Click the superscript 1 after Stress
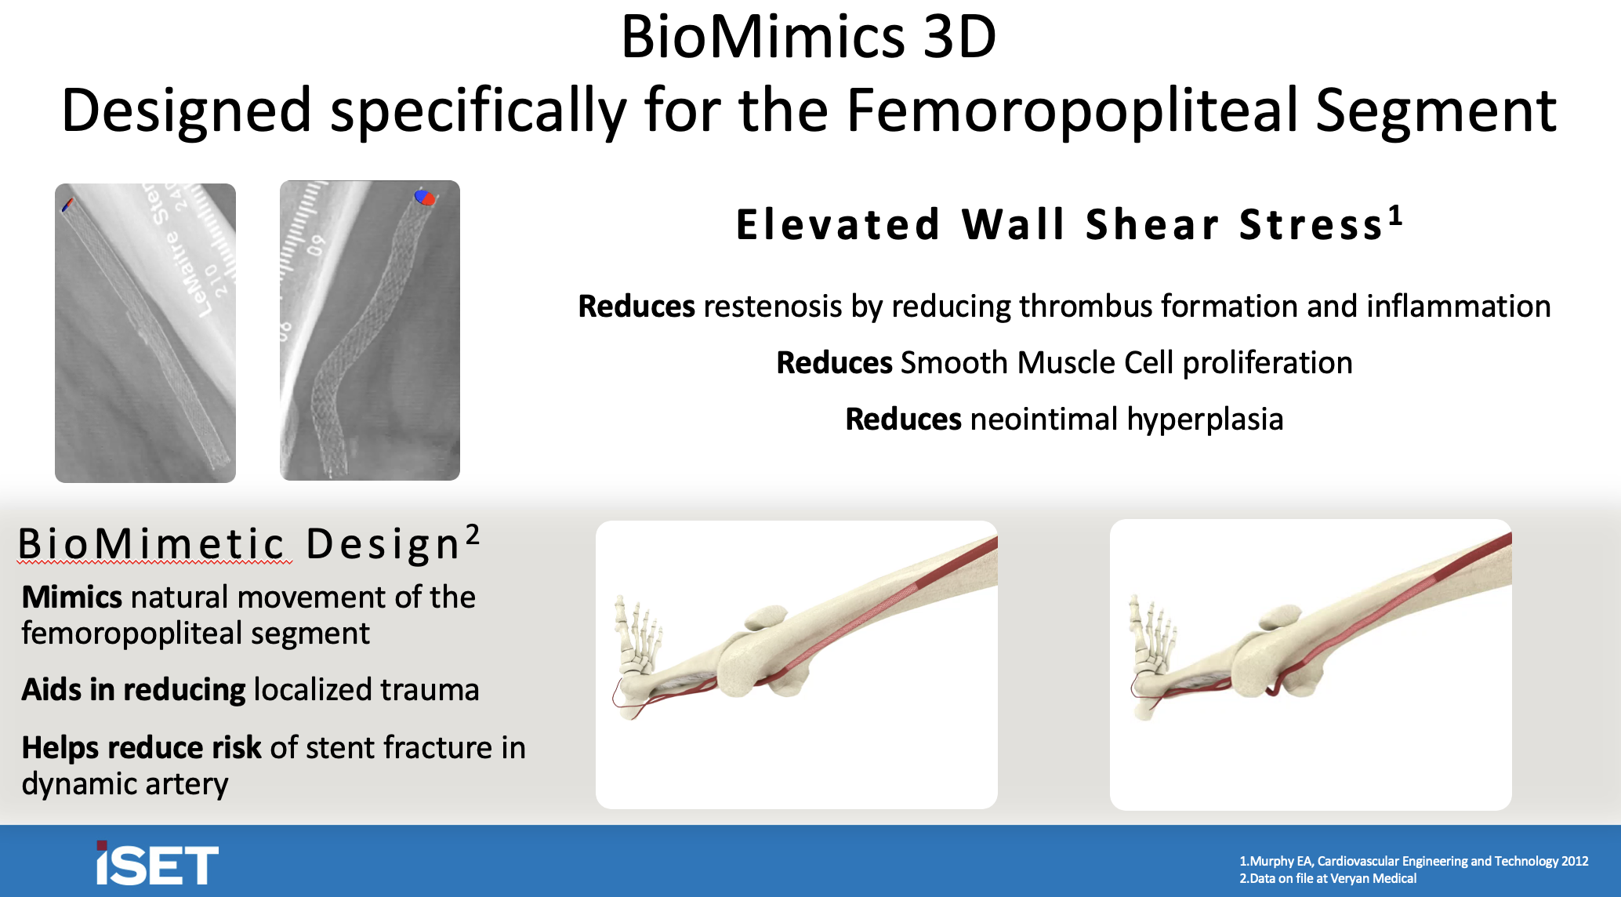click(x=1395, y=215)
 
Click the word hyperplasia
click(x=1205, y=419)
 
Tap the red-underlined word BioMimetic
click(x=153, y=544)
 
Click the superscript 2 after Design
click(x=473, y=534)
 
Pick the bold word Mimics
click(x=71, y=597)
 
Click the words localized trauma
click(x=366, y=690)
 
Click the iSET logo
click(x=157, y=864)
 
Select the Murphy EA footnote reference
click(x=1413, y=861)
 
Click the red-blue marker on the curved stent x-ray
click(x=424, y=198)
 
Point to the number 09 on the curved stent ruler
click(x=315, y=245)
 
